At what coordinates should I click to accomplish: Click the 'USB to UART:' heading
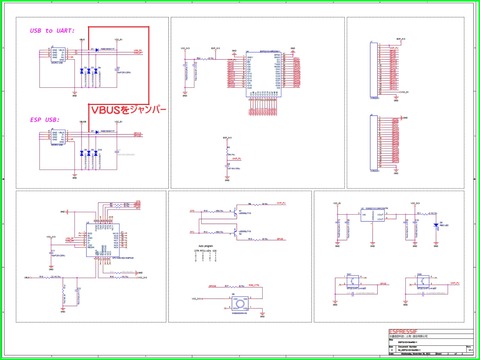click(x=53, y=31)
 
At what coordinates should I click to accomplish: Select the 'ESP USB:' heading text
click(x=46, y=119)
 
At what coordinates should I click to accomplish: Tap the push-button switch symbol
click(x=240, y=302)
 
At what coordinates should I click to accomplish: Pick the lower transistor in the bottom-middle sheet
click(x=233, y=232)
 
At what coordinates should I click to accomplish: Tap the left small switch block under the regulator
click(x=351, y=282)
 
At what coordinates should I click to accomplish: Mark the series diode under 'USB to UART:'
click(x=94, y=50)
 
